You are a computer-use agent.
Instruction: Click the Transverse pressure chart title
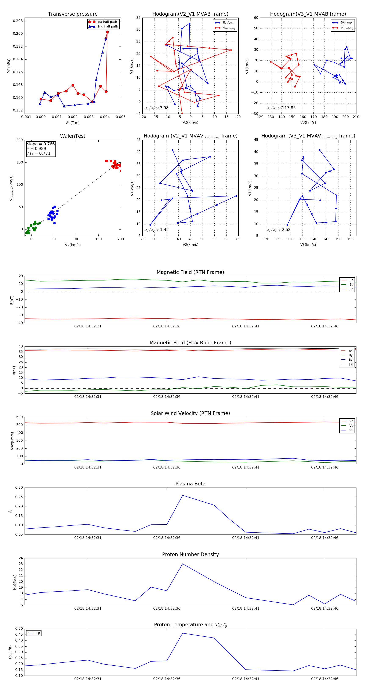click(73, 14)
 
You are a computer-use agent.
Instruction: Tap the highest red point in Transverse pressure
click(107, 32)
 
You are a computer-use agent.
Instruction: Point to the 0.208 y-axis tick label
click(18, 21)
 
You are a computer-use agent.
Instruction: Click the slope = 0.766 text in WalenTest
click(41, 144)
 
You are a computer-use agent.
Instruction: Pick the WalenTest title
click(73, 136)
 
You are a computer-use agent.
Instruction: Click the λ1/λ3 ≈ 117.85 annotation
click(281, 108)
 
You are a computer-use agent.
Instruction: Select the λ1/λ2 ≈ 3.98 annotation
click(157, 108)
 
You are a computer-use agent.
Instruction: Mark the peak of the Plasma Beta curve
click(182, 495)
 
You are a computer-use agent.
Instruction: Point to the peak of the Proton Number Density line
click(182, 564)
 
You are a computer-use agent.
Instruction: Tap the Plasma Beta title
click(190, 484)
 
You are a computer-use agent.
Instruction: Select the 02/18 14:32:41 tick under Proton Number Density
click(246, 608)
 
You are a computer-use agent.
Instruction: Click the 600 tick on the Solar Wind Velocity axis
click(19, 417)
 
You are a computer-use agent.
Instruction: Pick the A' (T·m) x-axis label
click(73, 123)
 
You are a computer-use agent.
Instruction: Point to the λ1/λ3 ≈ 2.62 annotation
click(279, 230)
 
